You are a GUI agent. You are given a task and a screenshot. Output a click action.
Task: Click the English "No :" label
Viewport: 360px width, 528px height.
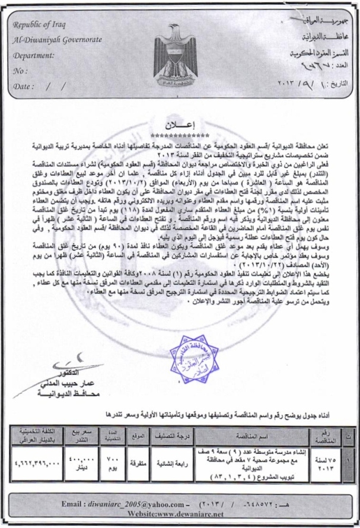point(21,70)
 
